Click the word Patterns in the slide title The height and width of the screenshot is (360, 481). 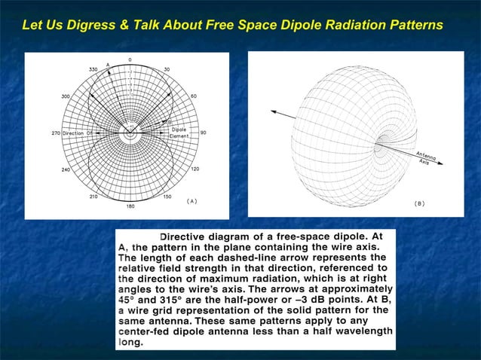point(412,26)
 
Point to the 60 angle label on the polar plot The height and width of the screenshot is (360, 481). point(194,96)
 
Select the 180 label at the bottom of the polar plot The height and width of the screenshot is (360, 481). point(130,206)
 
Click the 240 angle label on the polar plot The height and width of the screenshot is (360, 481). point(66,169)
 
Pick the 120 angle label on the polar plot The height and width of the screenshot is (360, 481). point(195,169)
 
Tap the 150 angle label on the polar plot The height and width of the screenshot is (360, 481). point(167,197)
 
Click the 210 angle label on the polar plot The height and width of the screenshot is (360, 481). point(93,197)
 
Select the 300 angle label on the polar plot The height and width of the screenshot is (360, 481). point(66,96)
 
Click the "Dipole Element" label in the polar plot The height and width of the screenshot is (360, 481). point(179,133)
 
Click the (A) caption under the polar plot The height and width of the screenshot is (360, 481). point(191,201)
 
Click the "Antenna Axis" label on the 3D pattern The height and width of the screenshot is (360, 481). point(427,159)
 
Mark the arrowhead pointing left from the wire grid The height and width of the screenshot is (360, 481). point(273,114)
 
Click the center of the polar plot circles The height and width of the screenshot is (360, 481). point(130,133)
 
